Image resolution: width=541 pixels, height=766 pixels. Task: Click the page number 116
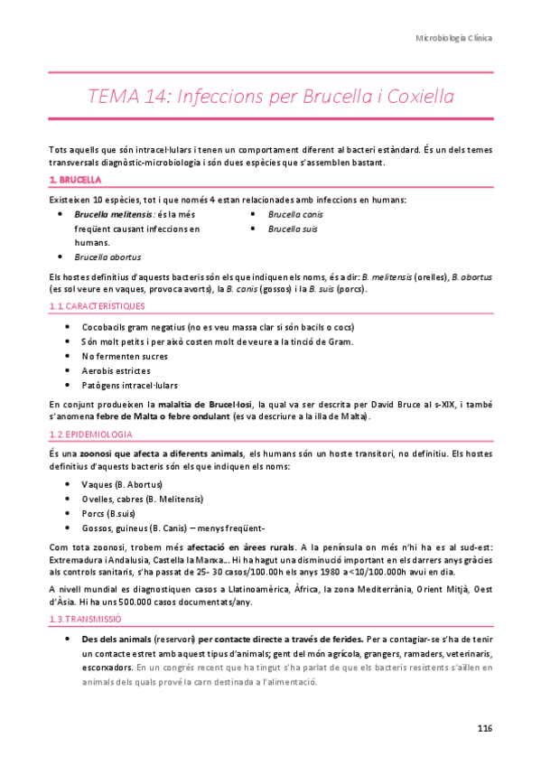484,728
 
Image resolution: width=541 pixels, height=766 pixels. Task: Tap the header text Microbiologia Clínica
453,39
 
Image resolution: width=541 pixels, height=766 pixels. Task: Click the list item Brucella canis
295,215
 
